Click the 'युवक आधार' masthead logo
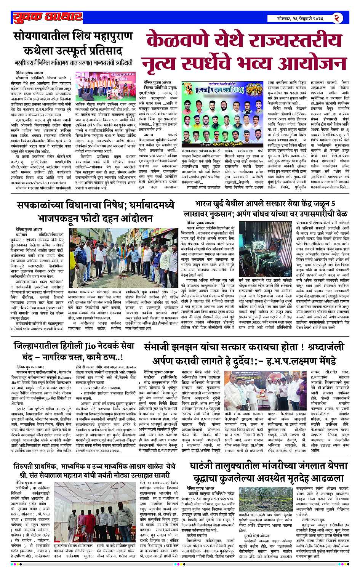[x=47, y=17]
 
